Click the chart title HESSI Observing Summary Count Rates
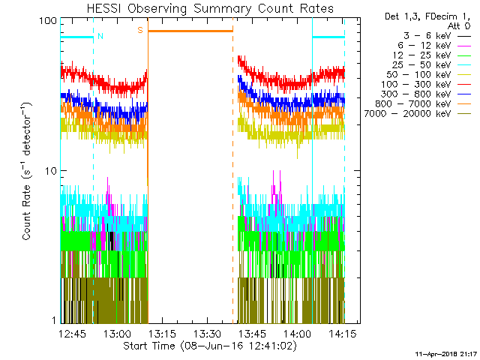(209, 8)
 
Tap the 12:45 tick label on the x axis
(72, 333)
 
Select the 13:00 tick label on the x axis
(117, 333)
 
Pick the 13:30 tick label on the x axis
(207, 333)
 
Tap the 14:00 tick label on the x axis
(297, 333)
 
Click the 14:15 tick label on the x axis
(342, 333)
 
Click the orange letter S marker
(139, 31)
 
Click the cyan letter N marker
(100, 36)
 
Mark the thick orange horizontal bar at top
(190, 31)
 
